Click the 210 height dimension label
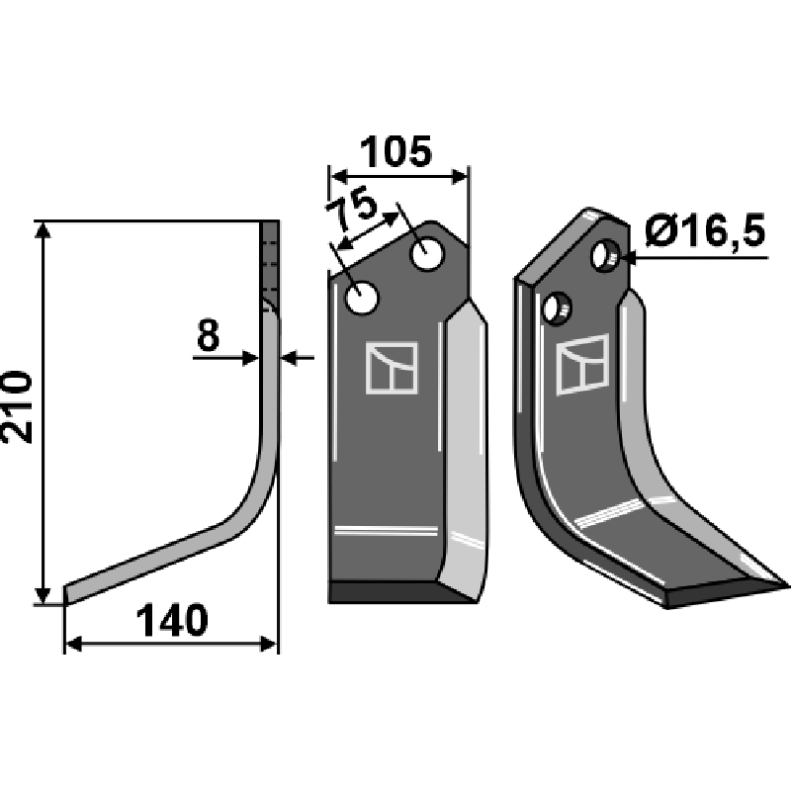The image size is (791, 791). [18, 407]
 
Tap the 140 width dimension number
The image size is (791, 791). [171, 621]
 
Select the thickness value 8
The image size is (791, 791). [208, 335]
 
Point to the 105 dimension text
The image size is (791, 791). [396, 151]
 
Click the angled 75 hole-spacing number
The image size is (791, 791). [352, 208]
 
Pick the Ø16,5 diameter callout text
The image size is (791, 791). [705, 230]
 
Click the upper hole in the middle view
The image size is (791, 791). [427, 254]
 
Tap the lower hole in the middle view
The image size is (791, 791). [361, 299]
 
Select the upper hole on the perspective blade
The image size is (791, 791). [605, 256]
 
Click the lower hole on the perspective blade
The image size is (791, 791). [557, 308]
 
